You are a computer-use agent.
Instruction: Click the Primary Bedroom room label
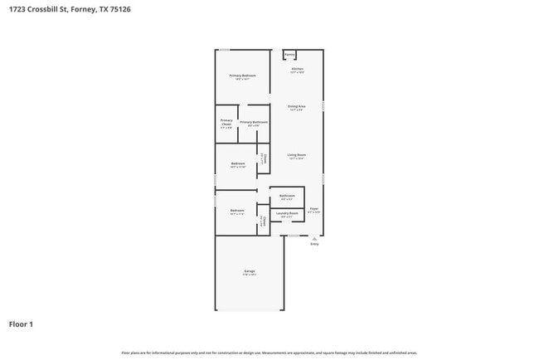(242, 75)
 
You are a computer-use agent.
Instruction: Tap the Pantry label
(289, 55)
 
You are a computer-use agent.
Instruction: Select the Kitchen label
(297, 69)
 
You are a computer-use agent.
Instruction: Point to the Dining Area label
(297, 107)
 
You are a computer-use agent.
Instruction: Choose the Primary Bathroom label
(253, 122)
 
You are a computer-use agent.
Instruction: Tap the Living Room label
(297, 155)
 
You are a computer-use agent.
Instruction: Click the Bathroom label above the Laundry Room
(287, 196)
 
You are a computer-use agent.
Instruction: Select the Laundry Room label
(287, 213)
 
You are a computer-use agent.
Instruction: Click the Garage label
(250, 271)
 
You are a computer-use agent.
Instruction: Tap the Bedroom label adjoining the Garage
(237, 211)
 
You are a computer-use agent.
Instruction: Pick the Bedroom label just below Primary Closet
(238, 163)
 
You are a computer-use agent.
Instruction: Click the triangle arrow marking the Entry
(314, 238)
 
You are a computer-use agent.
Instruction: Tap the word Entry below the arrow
(314, 245)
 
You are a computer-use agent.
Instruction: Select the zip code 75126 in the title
(119, 9)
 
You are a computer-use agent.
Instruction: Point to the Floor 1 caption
(21, 324)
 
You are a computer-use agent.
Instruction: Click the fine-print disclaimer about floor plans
(269, 353)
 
